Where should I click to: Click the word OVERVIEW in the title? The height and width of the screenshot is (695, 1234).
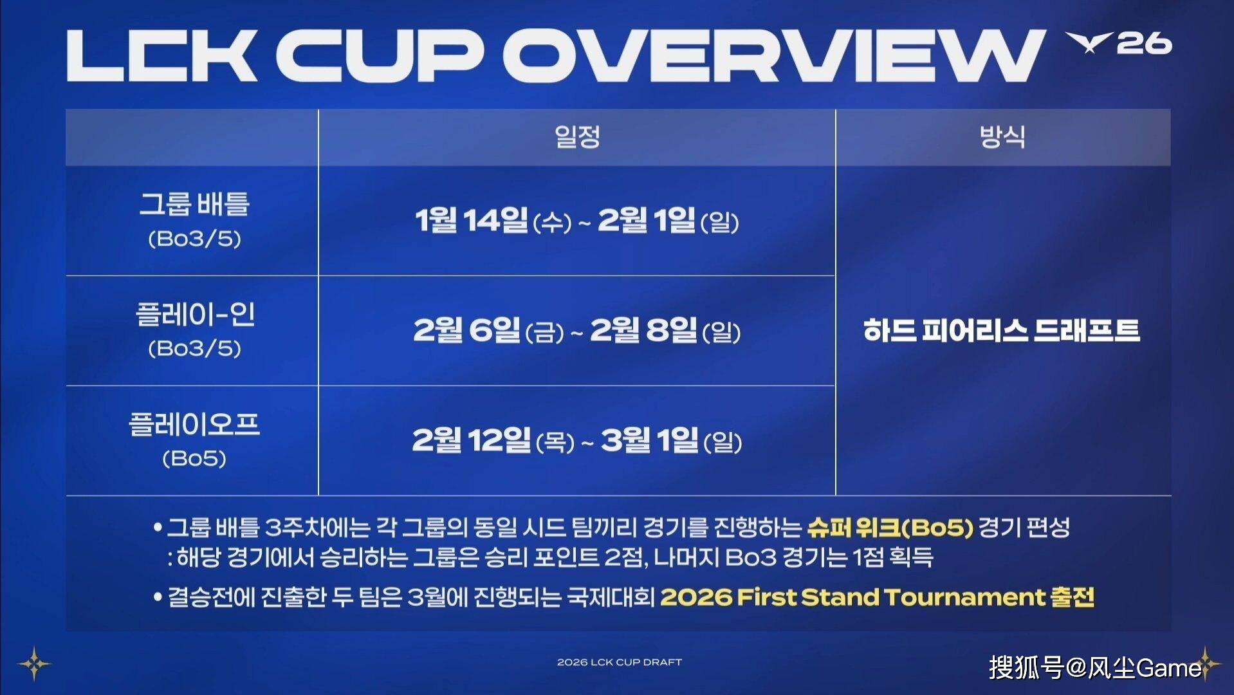coord(774,55)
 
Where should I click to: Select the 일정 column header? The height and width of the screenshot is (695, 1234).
coord(577,136)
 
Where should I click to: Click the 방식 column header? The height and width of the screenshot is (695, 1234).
coord(1002,136)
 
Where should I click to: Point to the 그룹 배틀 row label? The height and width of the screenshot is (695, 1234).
coord(194,204)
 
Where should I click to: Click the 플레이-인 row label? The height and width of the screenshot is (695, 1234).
coord(195,314)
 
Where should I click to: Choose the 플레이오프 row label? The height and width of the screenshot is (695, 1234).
coord(194,424)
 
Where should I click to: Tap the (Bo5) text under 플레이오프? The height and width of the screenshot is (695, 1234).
coord(194,458)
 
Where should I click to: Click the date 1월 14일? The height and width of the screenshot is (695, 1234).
coord(472,220)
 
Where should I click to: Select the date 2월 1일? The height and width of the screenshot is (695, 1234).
coord(647,220)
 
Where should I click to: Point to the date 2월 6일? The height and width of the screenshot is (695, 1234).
coord(466,330)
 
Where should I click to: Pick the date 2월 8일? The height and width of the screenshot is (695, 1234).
coord(643,330)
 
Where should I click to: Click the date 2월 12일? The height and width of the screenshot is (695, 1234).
coord(472,440)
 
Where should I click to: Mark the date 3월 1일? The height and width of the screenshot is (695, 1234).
coord(650,440)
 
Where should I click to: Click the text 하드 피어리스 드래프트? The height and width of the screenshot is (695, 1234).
coord(1002,330)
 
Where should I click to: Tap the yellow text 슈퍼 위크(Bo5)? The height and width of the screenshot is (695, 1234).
coord(890,528)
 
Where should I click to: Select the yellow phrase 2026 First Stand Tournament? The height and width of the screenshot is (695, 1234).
coord(852,597)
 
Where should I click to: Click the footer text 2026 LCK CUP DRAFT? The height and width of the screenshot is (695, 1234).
coord(620,662)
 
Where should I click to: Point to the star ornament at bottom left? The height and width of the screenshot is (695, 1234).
coord(34,663)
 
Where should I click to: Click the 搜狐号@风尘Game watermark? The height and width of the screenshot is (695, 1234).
coord(1095,668)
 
